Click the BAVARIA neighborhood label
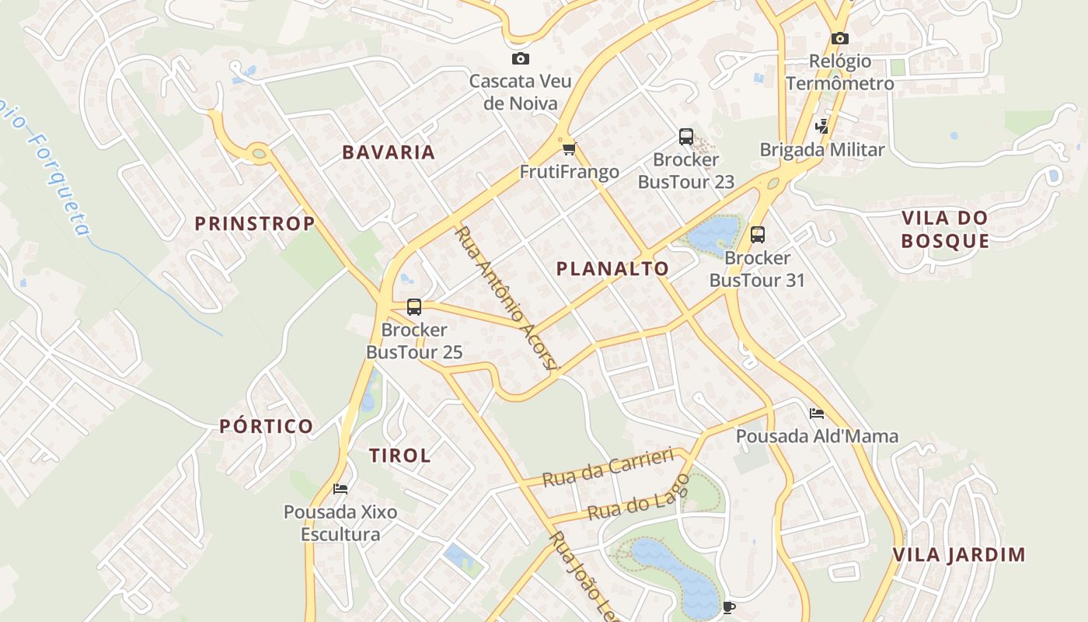click(x=389, y=152)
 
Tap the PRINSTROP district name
click(x=255, y=224)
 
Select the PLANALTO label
click(x=612, y=269)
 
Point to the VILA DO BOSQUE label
click(x=945, y=229)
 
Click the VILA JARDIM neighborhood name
click(x=959, y=555)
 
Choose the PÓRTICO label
click(x=267, y=426)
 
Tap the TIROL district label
click(x=400, y=456)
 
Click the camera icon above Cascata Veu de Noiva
click(x=521, y=58)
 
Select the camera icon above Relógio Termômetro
click(x=839, y=38)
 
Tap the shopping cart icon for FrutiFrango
click(x=570, y=149)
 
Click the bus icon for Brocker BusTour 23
click(x=686, y=137)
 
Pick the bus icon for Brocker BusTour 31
click(x=758, y=234)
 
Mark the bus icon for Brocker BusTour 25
click(x=414, y=306)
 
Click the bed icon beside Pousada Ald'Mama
click(x=817, y=413)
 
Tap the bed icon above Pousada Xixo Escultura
click(x=340, y=488)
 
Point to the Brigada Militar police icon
click(x=821, y=126)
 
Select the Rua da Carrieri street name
click(x=607, y=467)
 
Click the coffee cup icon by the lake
click(x=728, y=606)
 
